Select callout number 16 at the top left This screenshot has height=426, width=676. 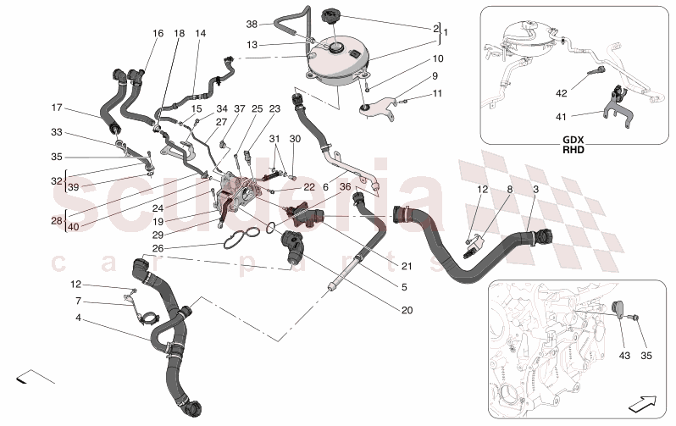click(158, 33)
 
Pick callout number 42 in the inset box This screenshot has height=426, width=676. click(561, 93)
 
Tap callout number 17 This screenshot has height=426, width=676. click(57, 108)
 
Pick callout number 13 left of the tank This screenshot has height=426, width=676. click(252, 45)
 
